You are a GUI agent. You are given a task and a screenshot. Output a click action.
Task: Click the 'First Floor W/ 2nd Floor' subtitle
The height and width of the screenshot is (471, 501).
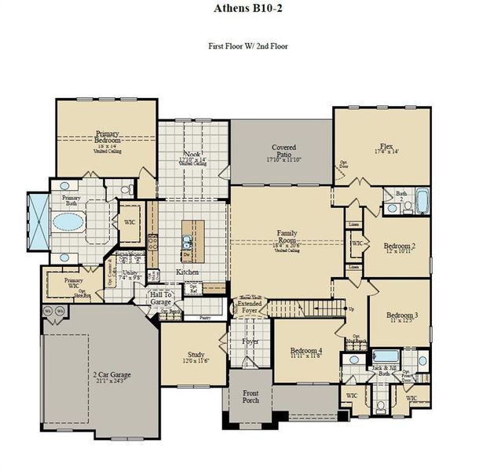click(x=248, y=46)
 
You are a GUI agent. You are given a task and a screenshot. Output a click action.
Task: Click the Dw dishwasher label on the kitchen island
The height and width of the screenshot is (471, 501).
click(x=185, y=256)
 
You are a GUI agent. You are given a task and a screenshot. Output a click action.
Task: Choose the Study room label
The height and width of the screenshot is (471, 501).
click(x=196, y=356)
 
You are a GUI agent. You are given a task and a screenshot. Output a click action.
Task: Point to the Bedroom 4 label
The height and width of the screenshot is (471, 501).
click(x=305, y=352)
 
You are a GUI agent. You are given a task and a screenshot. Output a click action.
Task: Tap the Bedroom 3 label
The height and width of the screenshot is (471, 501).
click(x=400, y=316)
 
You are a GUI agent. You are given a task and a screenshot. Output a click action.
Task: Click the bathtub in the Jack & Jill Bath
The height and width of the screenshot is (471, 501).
click(x=385, y=360)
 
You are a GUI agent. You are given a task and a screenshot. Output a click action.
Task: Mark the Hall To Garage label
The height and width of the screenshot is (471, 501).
click(x=161, y=298)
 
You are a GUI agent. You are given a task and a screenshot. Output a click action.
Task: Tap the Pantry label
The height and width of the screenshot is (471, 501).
click(x=204, y=318)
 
